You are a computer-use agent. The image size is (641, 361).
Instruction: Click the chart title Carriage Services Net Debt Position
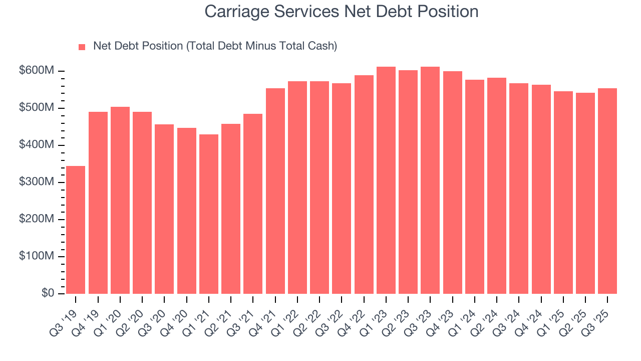tap(342, 12)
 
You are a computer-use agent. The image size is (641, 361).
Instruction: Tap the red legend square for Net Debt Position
tap(82, 47)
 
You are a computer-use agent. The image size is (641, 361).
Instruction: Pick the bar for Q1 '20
tap(120, 200)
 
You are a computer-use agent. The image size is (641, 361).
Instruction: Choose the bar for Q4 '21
tap(275, 191)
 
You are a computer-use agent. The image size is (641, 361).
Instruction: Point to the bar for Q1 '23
tap(386, 180)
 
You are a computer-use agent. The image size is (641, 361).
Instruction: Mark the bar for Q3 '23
tap(430, 180)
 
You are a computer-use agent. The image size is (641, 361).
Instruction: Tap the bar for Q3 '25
tap(607, 191)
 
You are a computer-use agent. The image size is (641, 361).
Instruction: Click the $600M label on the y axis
tap(36, 71)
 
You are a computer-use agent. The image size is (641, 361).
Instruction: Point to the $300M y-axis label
tap(36, 183)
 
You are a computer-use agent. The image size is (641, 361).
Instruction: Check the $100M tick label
tap(36, 256)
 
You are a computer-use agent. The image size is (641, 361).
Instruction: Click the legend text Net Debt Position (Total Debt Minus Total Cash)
tap(215, 46)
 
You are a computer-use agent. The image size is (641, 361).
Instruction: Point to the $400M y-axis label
tap(36, 145)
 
